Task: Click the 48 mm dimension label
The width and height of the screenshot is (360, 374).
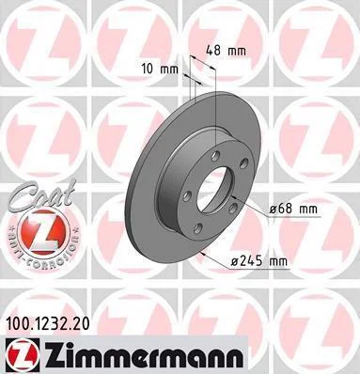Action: click(x=226, y=51)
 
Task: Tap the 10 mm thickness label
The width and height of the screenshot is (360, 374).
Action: click(x=160, y=69)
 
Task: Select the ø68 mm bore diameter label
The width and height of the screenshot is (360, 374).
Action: click(x=293, y=209)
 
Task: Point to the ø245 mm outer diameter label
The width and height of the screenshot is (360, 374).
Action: click(x=258, y=260)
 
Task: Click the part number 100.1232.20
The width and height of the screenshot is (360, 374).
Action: click(x=48, y=323)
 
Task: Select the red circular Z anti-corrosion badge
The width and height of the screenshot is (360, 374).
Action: click(x=43, y=232)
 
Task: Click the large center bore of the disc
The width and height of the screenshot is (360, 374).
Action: click(x=214, y=191)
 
